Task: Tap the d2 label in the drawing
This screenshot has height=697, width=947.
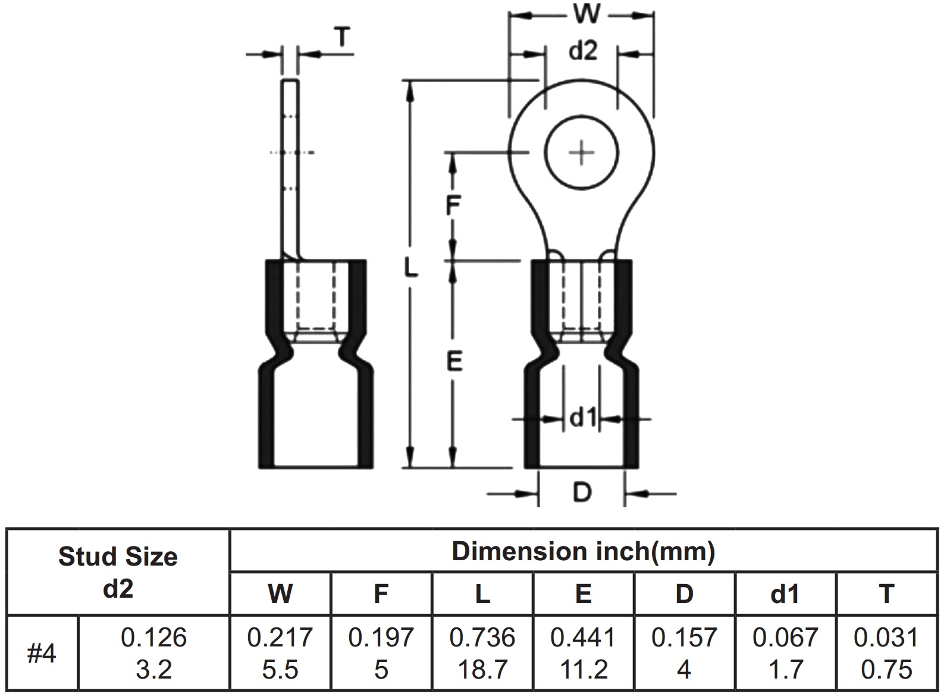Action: coord(582,52)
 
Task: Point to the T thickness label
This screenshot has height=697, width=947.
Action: coord(341,37)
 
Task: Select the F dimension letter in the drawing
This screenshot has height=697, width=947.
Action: coord(453,206)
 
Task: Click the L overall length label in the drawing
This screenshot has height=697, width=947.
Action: coord(410,268)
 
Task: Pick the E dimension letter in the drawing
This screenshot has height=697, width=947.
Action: coord(454,361)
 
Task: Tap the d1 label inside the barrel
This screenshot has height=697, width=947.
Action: coord(583,419)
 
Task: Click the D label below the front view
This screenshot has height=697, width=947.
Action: coord(582,492)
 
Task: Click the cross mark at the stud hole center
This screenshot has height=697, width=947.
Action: coord(582,153)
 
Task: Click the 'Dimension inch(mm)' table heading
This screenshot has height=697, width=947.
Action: coord(583,551)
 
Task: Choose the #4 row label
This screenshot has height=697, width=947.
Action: coord(42,654)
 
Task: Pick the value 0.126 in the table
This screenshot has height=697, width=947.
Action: coord(153,638)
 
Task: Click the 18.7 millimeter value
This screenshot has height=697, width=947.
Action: coord(482,670)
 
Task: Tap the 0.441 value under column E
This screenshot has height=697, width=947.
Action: coord(584,638)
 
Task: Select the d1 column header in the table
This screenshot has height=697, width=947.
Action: coord(785,594)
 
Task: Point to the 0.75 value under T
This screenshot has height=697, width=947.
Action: coord(886,670)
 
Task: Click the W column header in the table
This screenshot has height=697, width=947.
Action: coord(280,594)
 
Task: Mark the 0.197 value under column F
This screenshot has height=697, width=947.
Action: coord(381,638)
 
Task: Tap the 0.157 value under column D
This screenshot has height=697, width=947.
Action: coord(684,638)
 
